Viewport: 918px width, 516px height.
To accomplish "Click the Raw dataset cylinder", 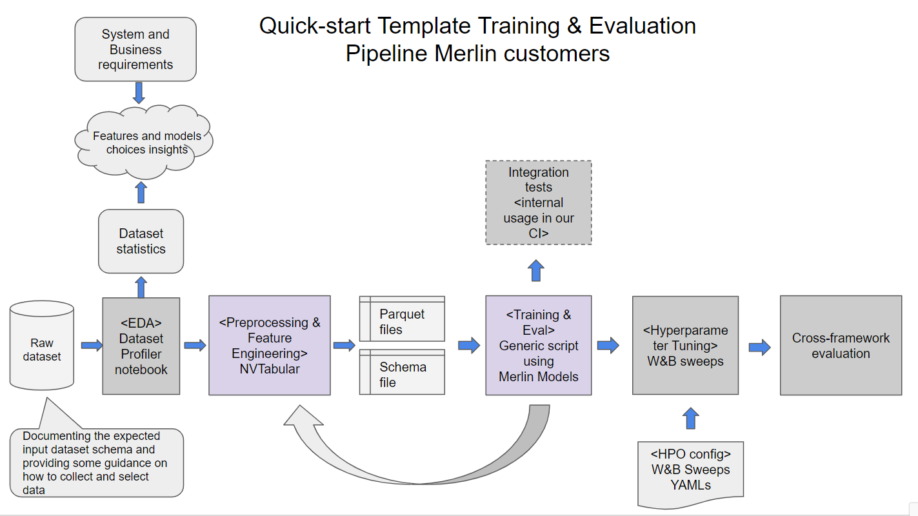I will pyautogui.click(x=42, y=348).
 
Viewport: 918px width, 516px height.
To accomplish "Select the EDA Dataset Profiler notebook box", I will pyautogui.click(x=141, y=346).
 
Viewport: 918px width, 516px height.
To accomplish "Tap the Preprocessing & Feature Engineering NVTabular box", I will pyautogui.click(x=270, y=346).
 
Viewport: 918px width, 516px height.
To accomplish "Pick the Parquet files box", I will pyautogui.click(x=402, y=319).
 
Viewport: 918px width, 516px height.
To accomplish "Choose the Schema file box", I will pyautogui.click(x=402, y=373).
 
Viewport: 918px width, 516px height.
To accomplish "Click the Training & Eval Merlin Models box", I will pyautogui.click(x=538, y=346).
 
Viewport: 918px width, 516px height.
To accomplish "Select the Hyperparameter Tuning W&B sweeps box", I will pyautogui.click(x=685, y=346).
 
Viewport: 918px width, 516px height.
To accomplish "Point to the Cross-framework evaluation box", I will pyautogui.click(x=841, y=346).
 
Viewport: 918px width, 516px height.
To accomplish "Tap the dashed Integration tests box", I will pyautogui.click(x=538, y=203).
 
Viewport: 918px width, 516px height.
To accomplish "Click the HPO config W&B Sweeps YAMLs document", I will pyautogui.click(x=690, y=471).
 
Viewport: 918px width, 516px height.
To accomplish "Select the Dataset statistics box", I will pyautogui.click(x=141, y=241).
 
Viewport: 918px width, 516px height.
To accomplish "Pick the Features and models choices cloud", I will pyautogui.click(x=143, y=143).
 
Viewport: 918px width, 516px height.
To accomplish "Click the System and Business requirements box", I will pyautogui.click(x=135, y=50).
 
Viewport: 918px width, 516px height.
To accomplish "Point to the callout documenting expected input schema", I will pyautogui.click(x=96, y=462).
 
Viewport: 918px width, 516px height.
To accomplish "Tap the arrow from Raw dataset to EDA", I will pyautogui.click(x=92, y=346).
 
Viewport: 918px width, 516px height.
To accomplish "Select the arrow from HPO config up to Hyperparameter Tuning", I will pyautogui.click(x=690, y=418).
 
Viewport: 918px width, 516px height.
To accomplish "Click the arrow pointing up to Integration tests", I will pyautogui.click(x=536, y=270).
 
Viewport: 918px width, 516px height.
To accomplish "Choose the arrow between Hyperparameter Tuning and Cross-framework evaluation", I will pyautogui.click(x=759, y=348).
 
